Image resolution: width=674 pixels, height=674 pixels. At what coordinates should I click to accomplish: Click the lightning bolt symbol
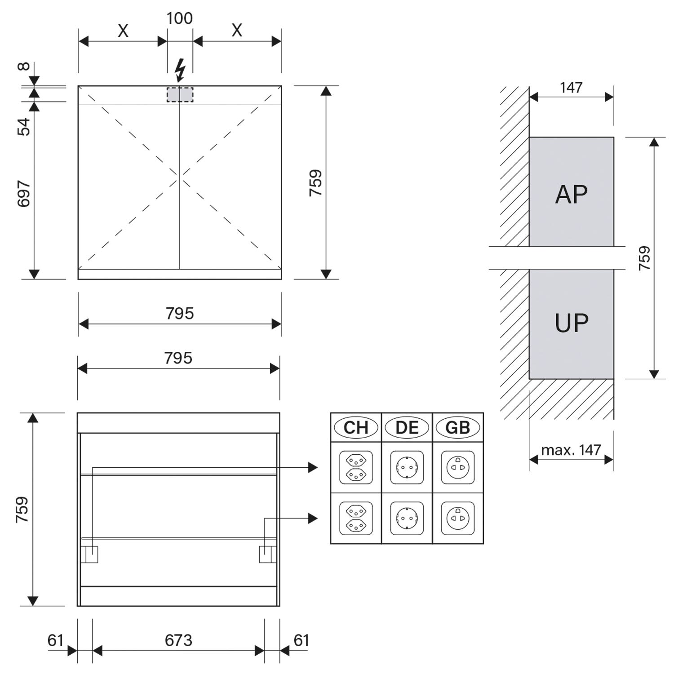[180, 71]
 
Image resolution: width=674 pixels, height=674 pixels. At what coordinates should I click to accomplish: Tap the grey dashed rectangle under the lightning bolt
[180, 95]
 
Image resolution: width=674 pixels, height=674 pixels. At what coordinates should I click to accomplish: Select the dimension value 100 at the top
[180, 18]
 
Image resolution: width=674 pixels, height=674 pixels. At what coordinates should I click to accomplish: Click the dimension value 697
[24, 194]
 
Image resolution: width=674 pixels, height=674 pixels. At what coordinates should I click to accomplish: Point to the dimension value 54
[24, 127]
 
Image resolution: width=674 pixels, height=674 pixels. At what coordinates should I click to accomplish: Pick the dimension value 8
[24, 67]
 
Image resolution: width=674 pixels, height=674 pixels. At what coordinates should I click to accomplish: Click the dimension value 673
[178, 640]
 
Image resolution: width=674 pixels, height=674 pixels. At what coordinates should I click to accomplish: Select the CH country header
[356, 427]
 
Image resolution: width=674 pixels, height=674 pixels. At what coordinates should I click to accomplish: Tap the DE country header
[407, 427]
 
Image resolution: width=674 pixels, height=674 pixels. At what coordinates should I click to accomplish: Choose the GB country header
[458, 427]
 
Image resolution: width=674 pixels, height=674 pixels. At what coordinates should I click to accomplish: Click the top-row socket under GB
[458, 467]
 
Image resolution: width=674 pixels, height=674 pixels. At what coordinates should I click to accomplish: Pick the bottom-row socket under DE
[407, 518]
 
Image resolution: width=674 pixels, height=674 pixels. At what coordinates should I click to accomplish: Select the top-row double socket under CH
[356, 467]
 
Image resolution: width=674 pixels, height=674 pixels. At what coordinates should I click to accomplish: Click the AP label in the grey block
[571, 195]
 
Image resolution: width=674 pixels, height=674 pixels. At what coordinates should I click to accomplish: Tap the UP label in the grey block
[572, 323]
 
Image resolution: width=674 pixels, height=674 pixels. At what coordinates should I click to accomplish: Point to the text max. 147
[571, 450]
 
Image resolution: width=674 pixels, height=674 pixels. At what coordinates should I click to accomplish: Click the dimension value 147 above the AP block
[571, 88]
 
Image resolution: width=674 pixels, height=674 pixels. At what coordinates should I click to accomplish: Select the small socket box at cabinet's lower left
[89, 554]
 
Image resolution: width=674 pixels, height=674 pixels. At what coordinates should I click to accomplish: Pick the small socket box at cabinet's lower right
[268, 554]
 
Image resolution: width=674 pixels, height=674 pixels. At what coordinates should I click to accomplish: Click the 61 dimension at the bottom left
[56, 640]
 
